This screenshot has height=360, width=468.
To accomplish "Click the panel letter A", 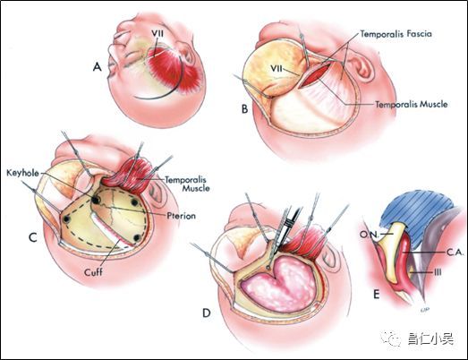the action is (x=98, y=67).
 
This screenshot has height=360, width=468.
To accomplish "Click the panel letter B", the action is (x=245, y=108).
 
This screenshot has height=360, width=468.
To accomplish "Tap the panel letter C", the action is (x=32, y=237).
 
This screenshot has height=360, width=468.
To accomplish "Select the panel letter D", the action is (x=207, y=313).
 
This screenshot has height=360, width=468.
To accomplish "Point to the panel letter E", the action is (x=377, y=295).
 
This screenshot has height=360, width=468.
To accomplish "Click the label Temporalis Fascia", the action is (x=396, y=34).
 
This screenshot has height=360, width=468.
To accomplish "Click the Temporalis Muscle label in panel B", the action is (x=412, y=104).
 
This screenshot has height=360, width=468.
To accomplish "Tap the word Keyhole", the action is (x=22, y=173).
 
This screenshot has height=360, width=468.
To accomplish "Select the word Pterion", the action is (x=181, y=216).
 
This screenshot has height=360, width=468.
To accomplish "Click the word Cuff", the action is (x=93, y=272).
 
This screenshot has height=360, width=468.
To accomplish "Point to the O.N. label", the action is (x=369, y=235).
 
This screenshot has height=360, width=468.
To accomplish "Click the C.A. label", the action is (x=455, y=253).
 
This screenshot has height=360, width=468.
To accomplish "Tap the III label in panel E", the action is (x=437, y=272).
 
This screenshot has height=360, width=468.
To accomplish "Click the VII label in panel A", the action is (x=157, y=33).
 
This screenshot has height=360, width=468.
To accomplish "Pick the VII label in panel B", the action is (x=277, y=68).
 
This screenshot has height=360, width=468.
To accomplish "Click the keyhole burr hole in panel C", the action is (x=96, y=200).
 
